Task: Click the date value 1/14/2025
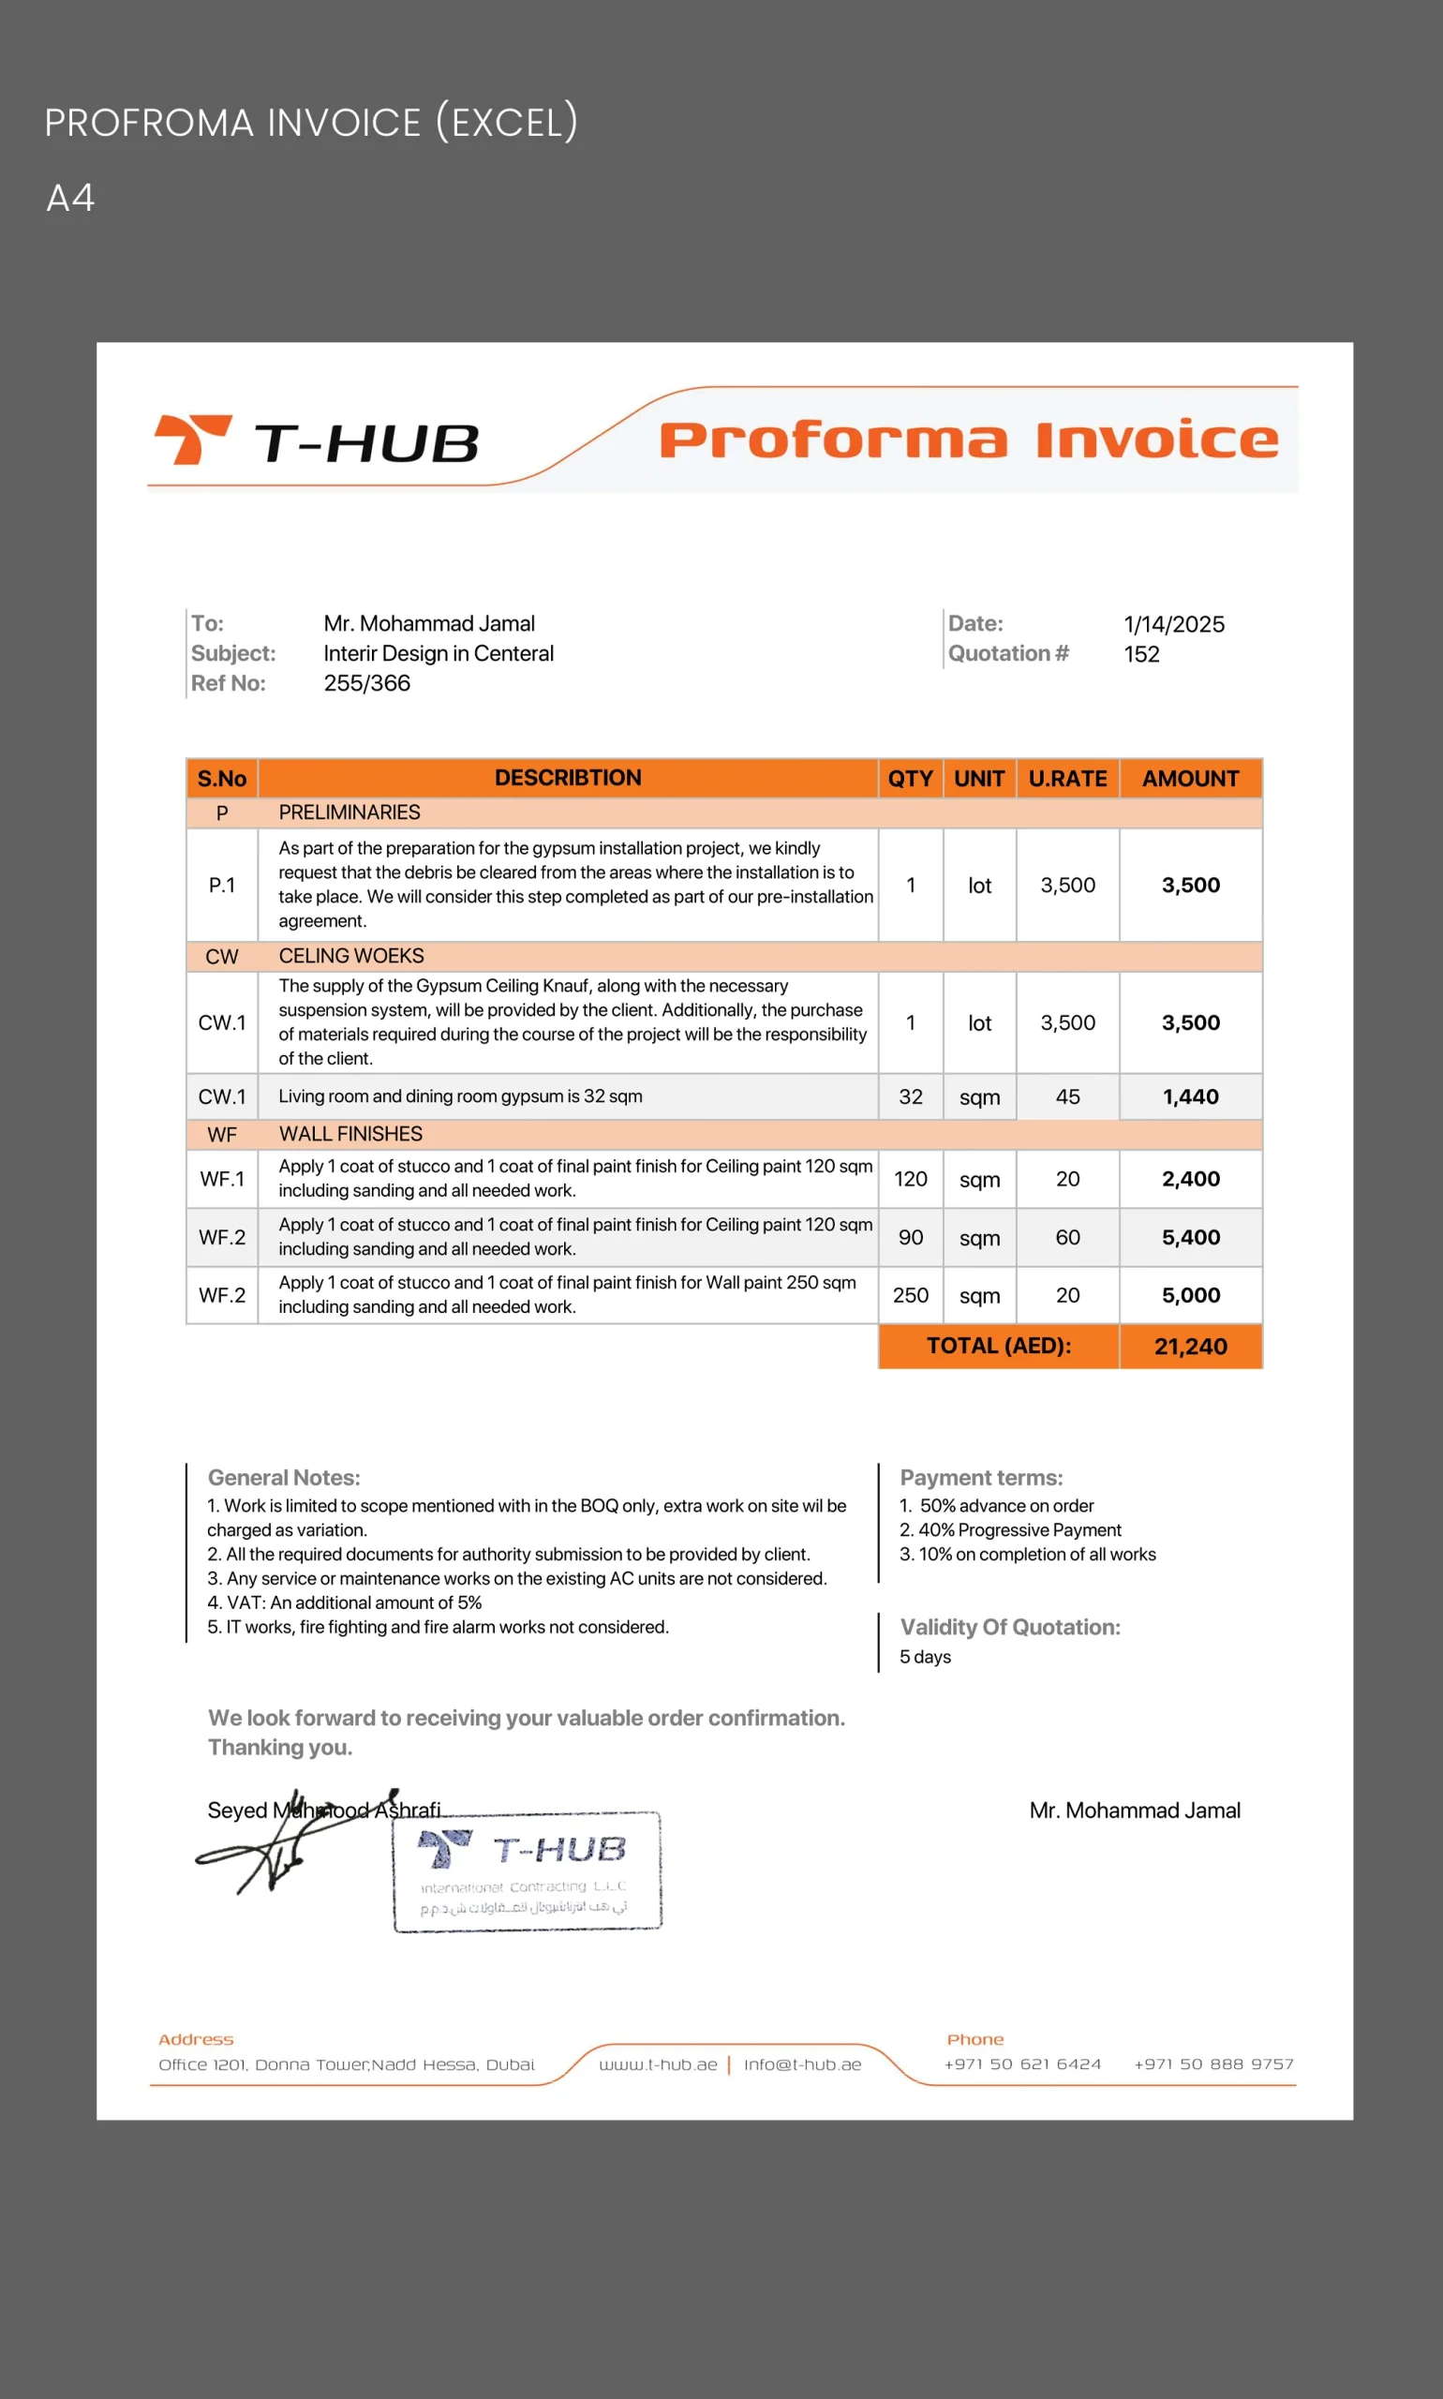click(x=1174, y=624)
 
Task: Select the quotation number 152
click(x=1141, y=654)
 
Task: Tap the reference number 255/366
click(x=366, y=684)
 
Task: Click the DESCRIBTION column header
click(x=568, y=778)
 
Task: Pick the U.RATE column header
click(x=1067, y=779)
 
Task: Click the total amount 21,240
click(x=1190, y=1347)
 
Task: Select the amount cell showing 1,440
click(x=1190, y=1097)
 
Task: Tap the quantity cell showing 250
click(x=910, y=1295)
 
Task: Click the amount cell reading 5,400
click(x=1190, y=1237)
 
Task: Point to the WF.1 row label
click(x=222, y=1179)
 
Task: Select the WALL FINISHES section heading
click(x=350, y=1134)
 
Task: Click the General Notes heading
click(x=284, y=1478)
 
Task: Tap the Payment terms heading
click(x=981, y=1478)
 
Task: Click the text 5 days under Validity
click(x=925, y=1657)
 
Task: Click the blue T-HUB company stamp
click(x=527, y=1871)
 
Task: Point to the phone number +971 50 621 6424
click(x=1022, y=2064)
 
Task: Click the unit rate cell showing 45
click(x=1067, y=1097)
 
